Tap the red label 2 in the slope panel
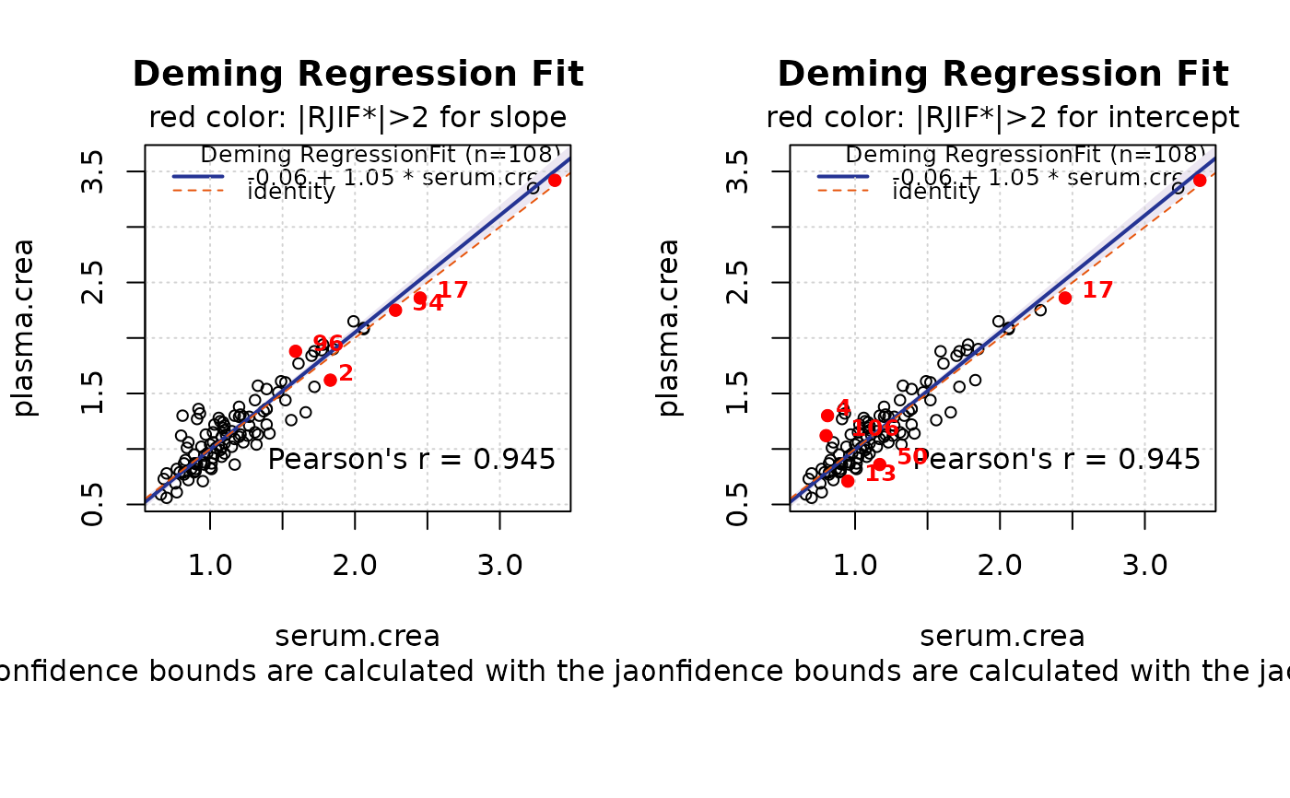(346, 373)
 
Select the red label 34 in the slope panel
(428, 303)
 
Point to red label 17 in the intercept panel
(1097, 290)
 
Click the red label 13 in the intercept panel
(880, 475)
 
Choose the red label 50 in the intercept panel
(912, 457)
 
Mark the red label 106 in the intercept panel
(874, 428)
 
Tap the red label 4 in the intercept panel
(843, 408)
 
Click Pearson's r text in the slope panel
(412, 459)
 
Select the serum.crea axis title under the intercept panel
(1003, 637)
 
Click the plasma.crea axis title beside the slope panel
(26, 327)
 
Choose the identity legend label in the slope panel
(291, 192)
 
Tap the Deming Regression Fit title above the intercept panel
(1003, 75)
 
